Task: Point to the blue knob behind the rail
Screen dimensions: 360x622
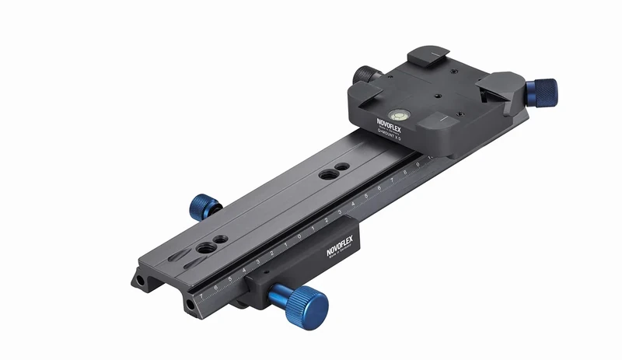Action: (204, 208)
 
